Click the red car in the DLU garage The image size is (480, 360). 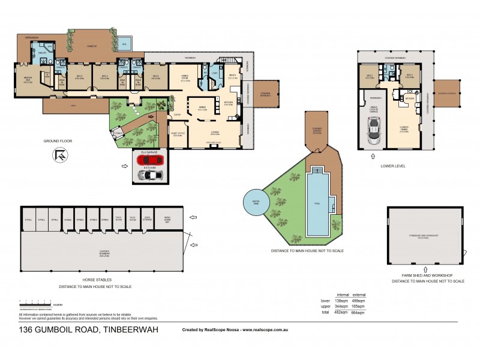(148, 160)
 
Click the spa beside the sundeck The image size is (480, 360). (124, 45)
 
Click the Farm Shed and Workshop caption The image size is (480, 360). (428, 275)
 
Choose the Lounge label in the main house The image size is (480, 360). (215, 133)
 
